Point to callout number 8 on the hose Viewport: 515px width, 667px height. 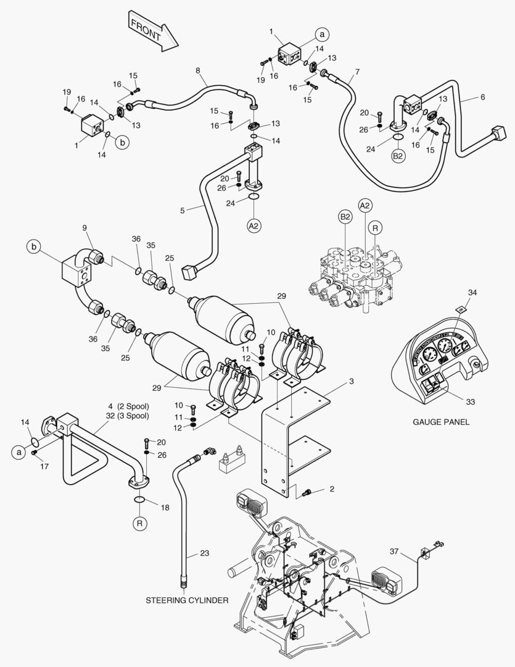pos(198,71)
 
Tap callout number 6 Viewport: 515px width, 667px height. pos(482,98)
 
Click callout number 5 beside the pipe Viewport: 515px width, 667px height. pos(182,210)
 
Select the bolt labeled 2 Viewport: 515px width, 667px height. pos(307,491)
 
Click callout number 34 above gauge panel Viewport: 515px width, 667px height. pos(472,292)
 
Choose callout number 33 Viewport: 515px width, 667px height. pos(471,402)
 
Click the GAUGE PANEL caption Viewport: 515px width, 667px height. pos(441,422)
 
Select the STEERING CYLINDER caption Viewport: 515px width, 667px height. pos(187,600)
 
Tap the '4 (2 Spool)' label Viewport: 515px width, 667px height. pos(128,406)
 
